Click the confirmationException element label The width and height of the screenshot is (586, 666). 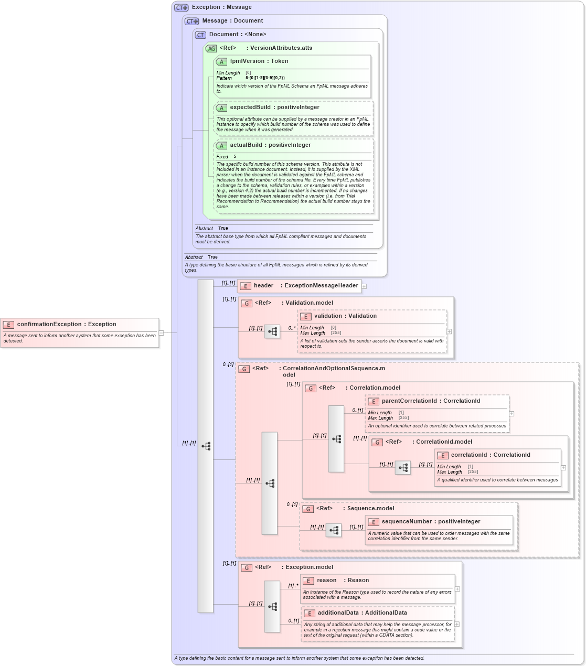[66, 324]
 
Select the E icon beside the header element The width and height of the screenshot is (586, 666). [245, 286]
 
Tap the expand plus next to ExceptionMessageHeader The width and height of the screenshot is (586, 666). [364, 286]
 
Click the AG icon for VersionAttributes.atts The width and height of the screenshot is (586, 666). [211, 48]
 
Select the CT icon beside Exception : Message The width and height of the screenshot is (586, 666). [181, 7]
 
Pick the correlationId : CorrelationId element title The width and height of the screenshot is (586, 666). [490, 455]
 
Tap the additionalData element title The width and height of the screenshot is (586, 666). [355, 613]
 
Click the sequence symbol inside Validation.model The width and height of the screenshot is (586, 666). [272, 331]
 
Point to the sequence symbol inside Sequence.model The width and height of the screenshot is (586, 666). [334, 530]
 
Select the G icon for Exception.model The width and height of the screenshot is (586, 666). [247, 567]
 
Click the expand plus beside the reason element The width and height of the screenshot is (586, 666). [457, 589]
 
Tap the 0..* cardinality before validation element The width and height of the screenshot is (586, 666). [292, 328]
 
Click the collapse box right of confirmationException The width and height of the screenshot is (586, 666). [162, 332]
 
